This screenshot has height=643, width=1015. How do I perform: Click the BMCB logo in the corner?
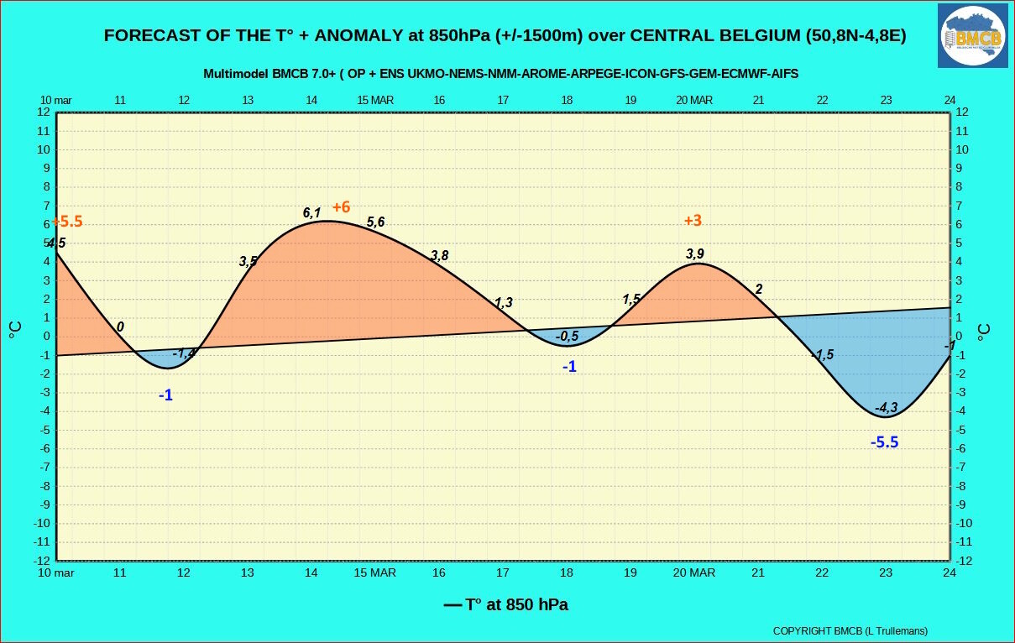pos(972,36)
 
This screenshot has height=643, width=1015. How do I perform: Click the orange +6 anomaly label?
pos(341,206)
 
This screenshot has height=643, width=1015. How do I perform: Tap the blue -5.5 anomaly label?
pos(885,442)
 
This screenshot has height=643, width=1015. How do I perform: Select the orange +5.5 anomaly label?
pos(67,221)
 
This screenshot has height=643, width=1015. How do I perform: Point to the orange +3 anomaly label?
pos(693,220)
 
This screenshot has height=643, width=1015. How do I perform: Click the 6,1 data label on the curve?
pos(311,212)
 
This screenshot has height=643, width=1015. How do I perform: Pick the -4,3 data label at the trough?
pos(886,407)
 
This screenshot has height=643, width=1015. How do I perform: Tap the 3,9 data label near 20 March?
pos(695,254)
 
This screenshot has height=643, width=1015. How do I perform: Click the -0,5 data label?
pos(567,336)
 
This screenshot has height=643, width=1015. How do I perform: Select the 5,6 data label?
pos(375,222)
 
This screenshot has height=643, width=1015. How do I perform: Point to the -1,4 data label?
pos(184,353)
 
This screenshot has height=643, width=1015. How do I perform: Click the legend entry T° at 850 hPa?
pos(505,604)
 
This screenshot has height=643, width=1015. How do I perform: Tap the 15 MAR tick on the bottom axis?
pos(374,572)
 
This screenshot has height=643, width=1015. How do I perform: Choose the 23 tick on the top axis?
pos(886,100)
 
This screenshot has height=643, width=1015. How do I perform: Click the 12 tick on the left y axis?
pos(44,112)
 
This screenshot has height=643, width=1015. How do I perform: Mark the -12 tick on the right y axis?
pos(964,561)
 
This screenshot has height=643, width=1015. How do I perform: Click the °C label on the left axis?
pos(15,330)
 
